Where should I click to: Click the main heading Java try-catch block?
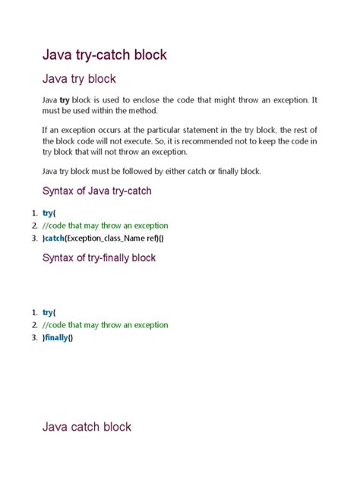tap(103, 55)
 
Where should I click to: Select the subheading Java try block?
tap(78, 78)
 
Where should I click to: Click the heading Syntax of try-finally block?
tap(99, 258)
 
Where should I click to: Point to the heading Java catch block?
tap(86, 427)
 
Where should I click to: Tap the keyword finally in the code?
tap(58, 338)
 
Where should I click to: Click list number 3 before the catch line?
tap(34, 238)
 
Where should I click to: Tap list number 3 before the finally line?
tap(34, 338)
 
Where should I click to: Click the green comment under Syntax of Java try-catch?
tap(106, 226)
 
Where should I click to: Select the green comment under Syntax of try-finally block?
tap(106, 325)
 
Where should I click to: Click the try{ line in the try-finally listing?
tap(49, 312)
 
